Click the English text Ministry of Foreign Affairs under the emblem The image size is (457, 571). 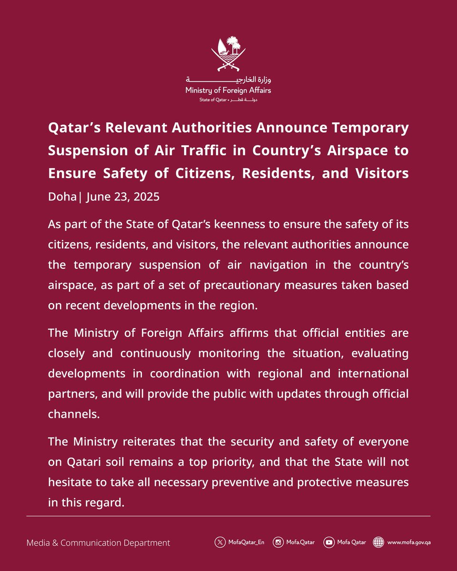click(228, 90)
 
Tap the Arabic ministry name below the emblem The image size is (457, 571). click(228, 79)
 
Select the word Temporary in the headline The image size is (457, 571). click(373, 128)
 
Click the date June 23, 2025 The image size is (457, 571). click(123, 197)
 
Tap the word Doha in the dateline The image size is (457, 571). click(61, 197)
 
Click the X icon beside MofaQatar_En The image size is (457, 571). click(219, 542)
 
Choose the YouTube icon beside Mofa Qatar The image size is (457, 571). click(328, 542)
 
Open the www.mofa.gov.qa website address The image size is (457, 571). click(409, 542)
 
